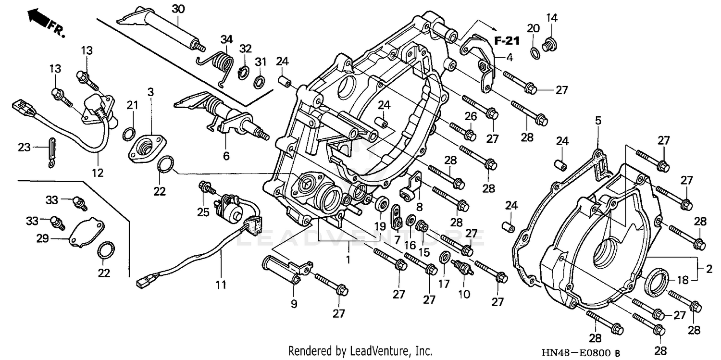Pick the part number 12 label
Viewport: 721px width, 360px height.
(98, 172)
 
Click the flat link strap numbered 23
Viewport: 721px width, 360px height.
(51, 152)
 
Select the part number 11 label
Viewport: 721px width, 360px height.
(221, 285)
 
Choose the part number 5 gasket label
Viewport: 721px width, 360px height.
(598, 121)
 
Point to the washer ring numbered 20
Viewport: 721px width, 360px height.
(534, 51)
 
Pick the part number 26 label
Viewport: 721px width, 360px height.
(470, 116)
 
